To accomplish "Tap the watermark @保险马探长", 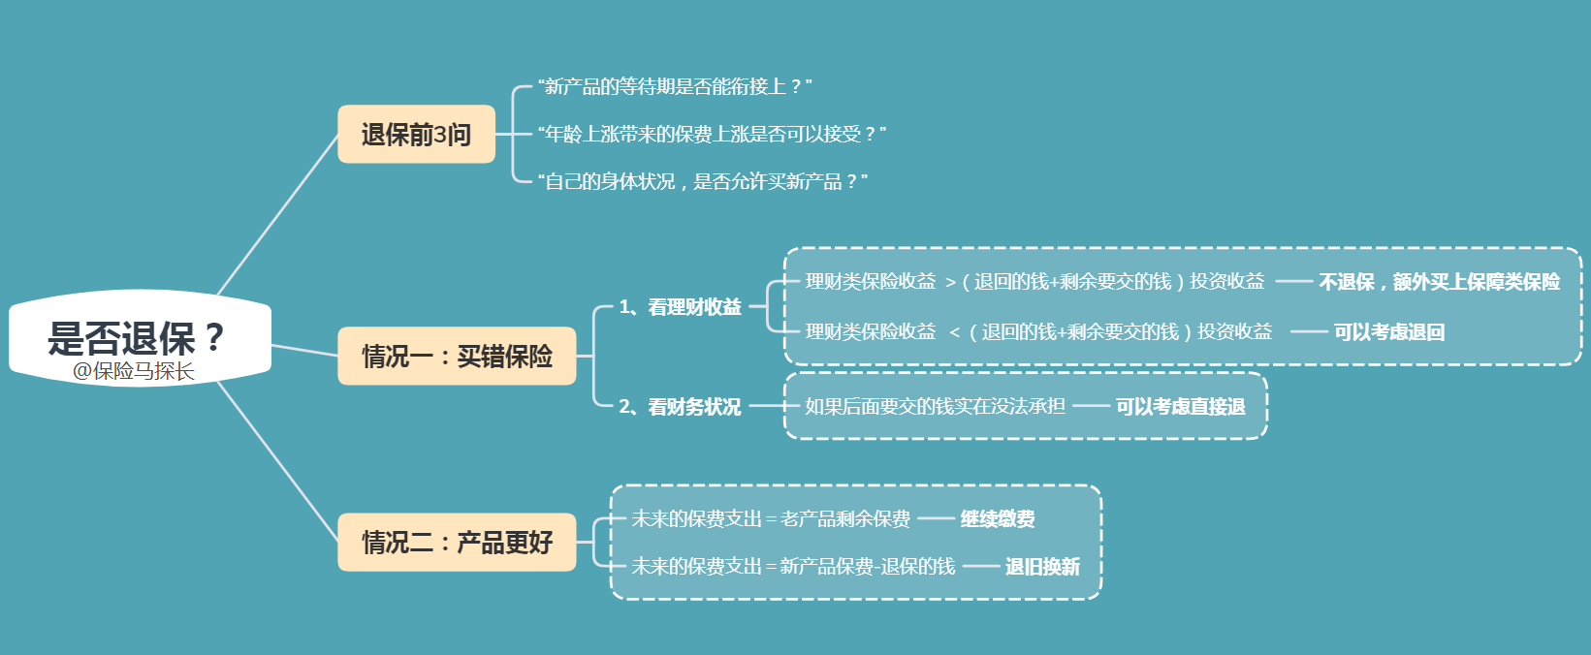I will point(133,371).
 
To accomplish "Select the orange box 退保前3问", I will point(416,135).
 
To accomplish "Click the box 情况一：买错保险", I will point(457,357).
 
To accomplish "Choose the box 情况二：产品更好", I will point(457,543).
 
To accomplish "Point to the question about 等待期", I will point(675,87).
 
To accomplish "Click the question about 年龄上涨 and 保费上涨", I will point(712,135).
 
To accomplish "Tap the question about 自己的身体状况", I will point(702,181).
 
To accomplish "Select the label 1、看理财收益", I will point(681,307).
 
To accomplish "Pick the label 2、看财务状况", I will point(681,407).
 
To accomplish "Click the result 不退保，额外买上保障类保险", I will point(1439,282).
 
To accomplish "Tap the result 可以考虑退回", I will point(1388,332).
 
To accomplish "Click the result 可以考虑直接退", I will point(1180,407).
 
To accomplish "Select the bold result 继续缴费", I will point(998,519).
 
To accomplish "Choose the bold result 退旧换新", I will point(1042,567).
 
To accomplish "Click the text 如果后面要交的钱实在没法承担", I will point(935,407).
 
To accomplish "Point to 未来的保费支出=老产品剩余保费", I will point(771,519).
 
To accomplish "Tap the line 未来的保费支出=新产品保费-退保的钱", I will point(793,567).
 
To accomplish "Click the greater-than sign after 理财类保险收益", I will point(950,283).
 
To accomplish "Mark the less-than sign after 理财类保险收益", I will point(954,333).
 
